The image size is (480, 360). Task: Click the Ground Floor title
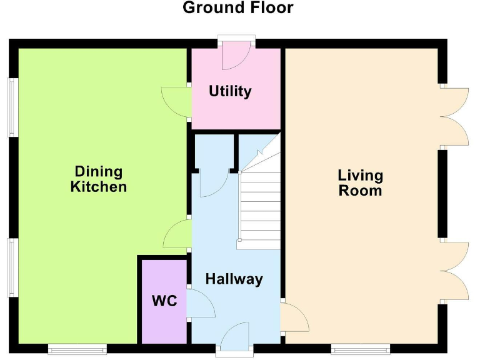[x=237, y=8]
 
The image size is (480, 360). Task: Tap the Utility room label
[x=230, y=91]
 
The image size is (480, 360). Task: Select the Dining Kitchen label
[x=99, y=179]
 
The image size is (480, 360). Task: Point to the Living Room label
[x=360, y=182]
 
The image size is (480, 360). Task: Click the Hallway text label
[x=234, y=279]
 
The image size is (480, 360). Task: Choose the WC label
[x=164, y=301]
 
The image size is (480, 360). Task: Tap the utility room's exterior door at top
[x=236, y=55]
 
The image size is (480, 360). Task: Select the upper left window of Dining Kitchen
[x=11, y=107]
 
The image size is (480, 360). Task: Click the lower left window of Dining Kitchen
[x=11, y=267]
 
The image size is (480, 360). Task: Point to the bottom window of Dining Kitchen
[x=77, y=348]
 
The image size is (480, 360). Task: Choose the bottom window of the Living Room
[x=361, y=348]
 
